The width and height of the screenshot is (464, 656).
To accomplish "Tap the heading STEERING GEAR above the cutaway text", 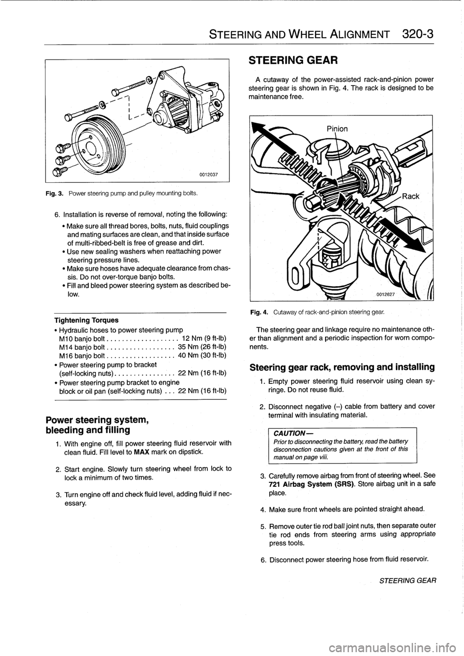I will point(288,60).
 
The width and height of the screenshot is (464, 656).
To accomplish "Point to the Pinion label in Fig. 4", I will point(337,129).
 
